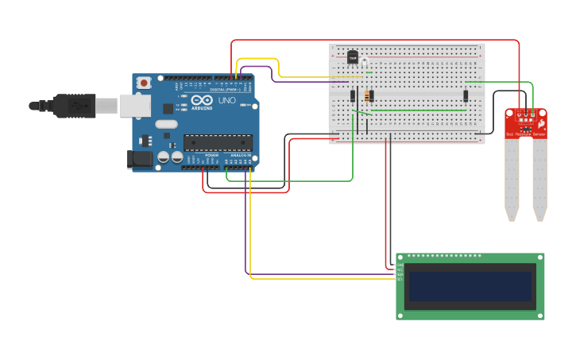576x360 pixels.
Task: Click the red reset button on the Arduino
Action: tap(144, 82)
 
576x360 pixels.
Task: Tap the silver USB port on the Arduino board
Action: tap(134, 106)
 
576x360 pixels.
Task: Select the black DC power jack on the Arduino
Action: tap(140, 159)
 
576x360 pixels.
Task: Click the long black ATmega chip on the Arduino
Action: tap(218, 142)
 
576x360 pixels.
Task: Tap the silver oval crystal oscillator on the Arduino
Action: tap(166, 124)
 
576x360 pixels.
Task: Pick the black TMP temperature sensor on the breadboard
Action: tap(352, 56)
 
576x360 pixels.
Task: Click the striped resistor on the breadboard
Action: tap(367, 96)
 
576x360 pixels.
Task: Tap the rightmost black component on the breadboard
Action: tap(466, 96)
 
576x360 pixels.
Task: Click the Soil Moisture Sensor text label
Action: tap(526, 134)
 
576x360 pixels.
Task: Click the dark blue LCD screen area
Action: tap(470, 286)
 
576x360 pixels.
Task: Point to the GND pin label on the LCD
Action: tap(400, 265)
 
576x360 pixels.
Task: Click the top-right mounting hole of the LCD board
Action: tap(540, 257)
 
